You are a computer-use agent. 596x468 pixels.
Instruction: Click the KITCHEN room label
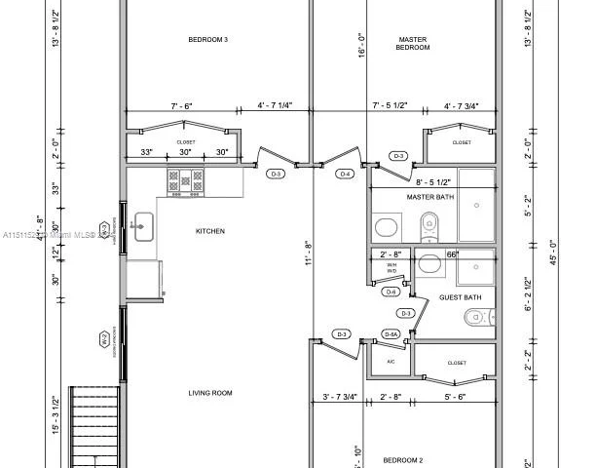point(210,231)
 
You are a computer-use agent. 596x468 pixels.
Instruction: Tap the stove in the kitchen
point(185,180)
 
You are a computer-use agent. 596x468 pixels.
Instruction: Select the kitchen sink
point(142,226)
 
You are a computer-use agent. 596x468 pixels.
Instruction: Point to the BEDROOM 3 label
point(207,40)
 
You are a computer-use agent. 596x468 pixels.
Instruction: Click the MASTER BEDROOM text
point(413,44)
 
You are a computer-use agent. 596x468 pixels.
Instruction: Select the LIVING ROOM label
point(209,393)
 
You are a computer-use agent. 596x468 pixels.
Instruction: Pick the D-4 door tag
point(345,174)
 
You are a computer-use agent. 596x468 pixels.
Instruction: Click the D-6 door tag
point(391,292)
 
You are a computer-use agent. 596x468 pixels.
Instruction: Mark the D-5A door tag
point(391,334)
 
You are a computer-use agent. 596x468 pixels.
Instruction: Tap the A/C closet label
point(391,362)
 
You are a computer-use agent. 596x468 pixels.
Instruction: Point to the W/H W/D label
point(391,268)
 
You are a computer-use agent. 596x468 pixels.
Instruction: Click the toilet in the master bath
point(428,228)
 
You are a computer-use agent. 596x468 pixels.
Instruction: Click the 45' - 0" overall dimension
point(553,244)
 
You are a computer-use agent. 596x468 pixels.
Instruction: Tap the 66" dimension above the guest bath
point(452,254)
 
